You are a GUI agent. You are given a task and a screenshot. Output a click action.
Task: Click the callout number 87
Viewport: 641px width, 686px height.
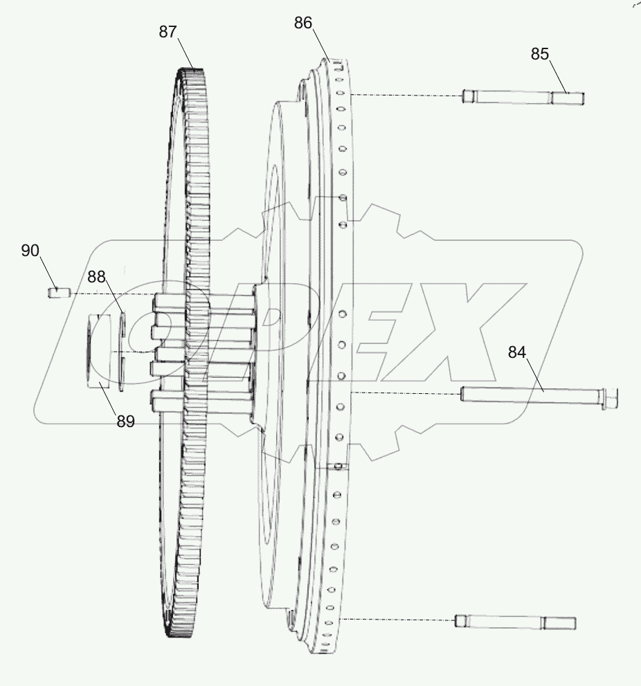coord(168,31)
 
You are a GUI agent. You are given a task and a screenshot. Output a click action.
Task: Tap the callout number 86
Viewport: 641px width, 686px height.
coord(303,23)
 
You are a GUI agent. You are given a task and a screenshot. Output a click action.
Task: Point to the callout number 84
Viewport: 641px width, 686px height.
coord(517,352)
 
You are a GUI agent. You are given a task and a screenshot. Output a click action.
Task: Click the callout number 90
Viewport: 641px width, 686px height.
coord(30,250)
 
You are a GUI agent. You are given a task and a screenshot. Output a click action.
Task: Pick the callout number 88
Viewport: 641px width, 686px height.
coord(96,276)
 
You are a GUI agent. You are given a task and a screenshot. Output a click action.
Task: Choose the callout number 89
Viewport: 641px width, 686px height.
coord(125,421)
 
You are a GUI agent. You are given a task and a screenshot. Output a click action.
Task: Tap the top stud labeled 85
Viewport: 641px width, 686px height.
coord(523,97)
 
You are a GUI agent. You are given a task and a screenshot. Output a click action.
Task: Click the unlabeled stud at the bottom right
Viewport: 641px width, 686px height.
coord(514,621)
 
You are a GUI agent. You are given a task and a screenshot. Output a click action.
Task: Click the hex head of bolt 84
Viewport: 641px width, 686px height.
coord(611,398)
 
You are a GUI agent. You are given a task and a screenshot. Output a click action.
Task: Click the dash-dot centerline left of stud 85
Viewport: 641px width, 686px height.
coord(405,95)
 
